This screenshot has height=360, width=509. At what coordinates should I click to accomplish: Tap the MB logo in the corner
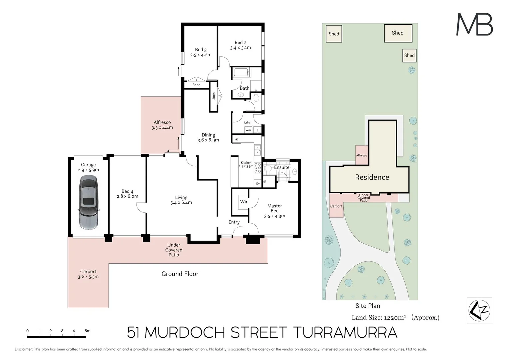(474, 24)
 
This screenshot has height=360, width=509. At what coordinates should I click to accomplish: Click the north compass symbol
(479, 310)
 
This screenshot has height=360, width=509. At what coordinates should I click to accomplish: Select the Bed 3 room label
(201, 50)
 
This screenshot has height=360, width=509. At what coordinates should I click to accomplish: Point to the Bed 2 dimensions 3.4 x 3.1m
(240, 48)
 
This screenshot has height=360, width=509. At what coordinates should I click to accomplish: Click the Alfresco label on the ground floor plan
(162, 122)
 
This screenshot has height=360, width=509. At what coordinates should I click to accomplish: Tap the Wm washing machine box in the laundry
(248, 130)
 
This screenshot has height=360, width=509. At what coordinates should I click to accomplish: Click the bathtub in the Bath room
(241, 72)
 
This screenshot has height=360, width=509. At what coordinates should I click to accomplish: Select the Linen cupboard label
(214, 96)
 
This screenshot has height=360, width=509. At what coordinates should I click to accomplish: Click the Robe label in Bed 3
(196, 85)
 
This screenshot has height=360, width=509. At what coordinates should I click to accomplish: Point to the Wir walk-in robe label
(244, 202)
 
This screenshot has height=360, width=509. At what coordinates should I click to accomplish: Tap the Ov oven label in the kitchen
(258, 184)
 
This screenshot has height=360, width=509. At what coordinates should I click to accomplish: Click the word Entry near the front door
(234, 222)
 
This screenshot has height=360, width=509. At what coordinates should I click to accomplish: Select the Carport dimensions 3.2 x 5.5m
(88, 277)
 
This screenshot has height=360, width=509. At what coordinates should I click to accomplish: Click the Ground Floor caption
(180, 274)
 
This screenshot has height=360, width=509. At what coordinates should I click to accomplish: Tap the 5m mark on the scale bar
(87, 331)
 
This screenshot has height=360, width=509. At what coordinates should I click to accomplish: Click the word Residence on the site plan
(372, 177)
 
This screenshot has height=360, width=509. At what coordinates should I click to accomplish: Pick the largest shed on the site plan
(398, 33)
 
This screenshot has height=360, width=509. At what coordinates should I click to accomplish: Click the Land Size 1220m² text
(379, 318)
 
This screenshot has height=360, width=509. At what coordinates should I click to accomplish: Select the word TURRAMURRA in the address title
(345, 332)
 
